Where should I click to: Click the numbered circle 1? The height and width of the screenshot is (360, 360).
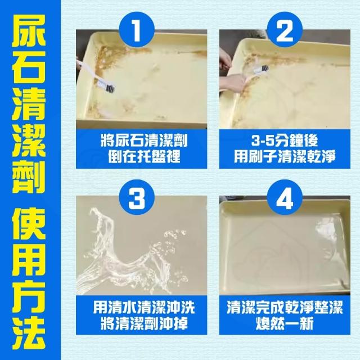click(137, 30)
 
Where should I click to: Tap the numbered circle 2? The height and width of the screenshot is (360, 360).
click(285, 30)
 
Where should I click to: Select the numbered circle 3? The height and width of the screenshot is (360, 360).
click(137, 197)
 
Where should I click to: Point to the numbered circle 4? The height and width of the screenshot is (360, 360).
click(285, 197)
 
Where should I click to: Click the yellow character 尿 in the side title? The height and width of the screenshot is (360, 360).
click(29, 30)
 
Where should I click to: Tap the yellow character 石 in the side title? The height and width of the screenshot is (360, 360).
click(29, 67)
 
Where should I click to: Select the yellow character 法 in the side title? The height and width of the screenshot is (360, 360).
click(29, 333)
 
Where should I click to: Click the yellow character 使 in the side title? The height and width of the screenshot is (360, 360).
click(29, 223)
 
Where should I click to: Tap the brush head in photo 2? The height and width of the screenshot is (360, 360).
click(261, 69)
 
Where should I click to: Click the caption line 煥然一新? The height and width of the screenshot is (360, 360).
click(285, 324)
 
